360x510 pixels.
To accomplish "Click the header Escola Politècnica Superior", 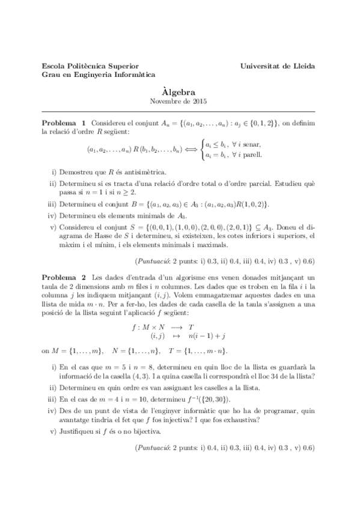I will [90, 66].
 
